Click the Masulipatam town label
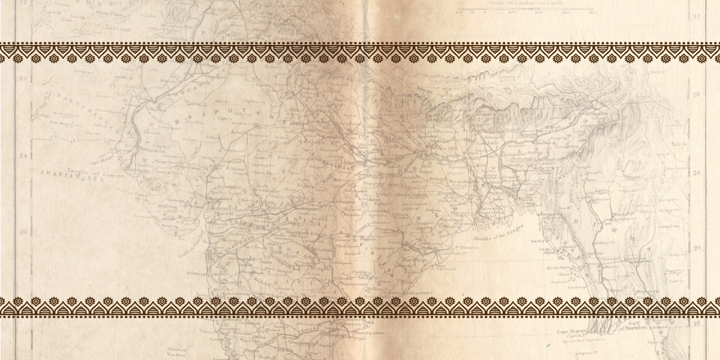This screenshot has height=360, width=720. click(369, 333)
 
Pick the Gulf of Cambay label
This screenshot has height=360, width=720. click(191, 244)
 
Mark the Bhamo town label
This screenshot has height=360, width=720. click(634, 177)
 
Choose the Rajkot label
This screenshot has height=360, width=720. click(165, 206)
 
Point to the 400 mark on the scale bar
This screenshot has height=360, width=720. click(593, 13)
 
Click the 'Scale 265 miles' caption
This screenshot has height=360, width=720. click(526, 3)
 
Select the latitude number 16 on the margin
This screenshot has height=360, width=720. click(696, 323)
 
